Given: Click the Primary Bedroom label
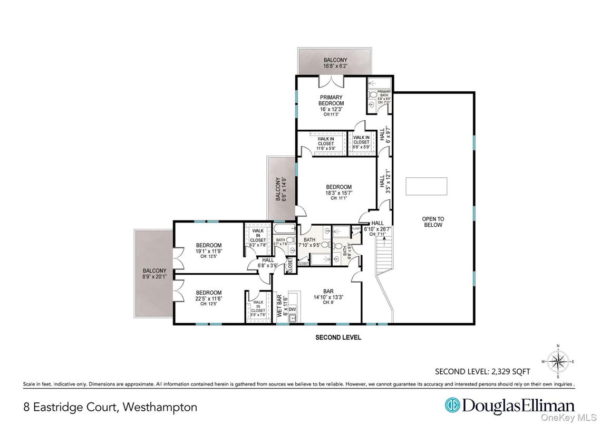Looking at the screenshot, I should click(331, 100).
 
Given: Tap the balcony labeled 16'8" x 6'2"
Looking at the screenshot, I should click(335, 63).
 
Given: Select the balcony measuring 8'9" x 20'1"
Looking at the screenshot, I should click(153, 274).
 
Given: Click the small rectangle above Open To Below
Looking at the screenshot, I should click(427, 186).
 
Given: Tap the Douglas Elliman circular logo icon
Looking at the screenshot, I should click(452, 406).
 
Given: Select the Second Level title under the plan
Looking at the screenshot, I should click(338, 338).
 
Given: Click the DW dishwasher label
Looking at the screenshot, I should click(292, 309).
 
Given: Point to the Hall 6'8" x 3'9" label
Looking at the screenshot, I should click(268, 263).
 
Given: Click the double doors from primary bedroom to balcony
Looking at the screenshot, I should click(332, 82).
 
